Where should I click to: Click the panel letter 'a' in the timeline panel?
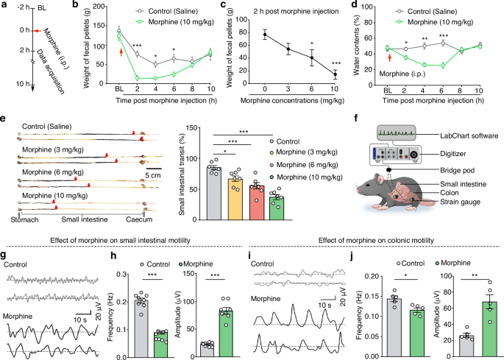4,7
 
